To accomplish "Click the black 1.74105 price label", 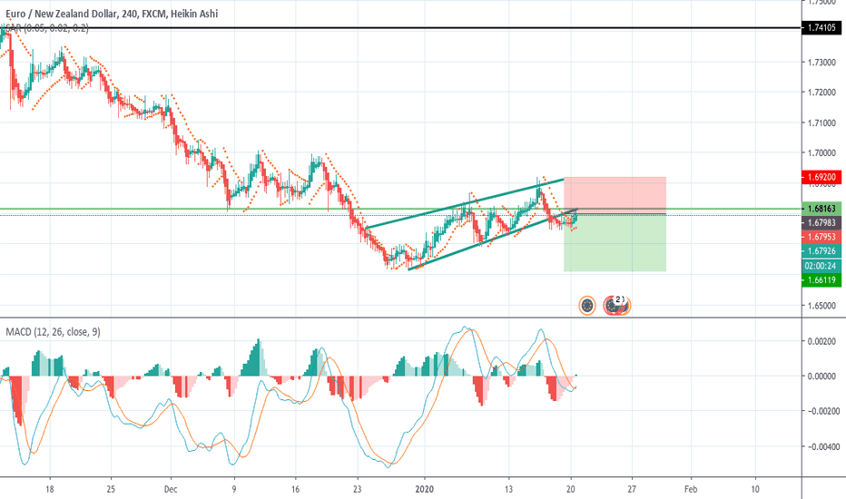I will click(x=821, y=29).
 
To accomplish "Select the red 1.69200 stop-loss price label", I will click(x=821, y=177).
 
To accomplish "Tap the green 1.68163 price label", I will click(x=821, y=208).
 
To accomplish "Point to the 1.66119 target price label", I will click(x=821, y=280).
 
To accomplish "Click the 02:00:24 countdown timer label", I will click(x=821, y=266).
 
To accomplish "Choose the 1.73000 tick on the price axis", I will click(x=821, y=62).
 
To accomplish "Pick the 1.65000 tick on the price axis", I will click(x=821, y=306).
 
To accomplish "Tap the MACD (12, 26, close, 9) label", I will click(x=54, y=332).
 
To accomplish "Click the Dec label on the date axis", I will click(x=171, y=486).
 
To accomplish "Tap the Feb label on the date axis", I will click(x=690, y=486).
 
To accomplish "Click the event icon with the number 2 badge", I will click(x=618, y=305).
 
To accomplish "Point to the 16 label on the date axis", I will click(x=294, y=486).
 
